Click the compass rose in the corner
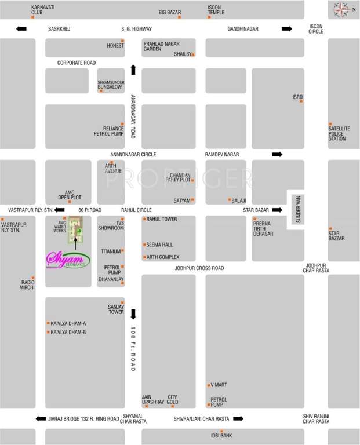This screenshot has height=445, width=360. [341, 9]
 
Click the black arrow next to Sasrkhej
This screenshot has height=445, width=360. [21, 28]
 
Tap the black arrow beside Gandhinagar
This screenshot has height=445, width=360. [287, 28]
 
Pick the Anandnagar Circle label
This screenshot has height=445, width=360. [133, 155]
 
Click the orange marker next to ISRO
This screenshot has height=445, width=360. [301, 102]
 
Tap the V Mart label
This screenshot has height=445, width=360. [219, 385]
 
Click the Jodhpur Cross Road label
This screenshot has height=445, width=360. [199, 268]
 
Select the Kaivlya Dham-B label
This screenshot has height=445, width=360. [68, 333]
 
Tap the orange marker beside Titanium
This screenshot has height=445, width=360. [122, 251]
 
